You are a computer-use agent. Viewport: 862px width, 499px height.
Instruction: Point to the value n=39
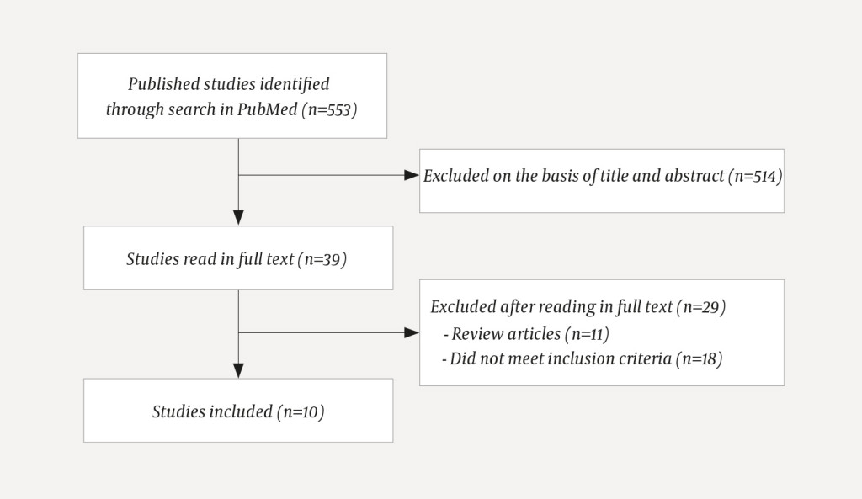click(323, 259)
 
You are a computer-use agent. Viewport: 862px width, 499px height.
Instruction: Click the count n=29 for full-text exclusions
click(702, 308)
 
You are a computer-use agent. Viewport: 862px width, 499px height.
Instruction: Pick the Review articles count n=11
click(586, 334)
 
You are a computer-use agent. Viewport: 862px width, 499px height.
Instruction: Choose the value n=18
click(700, 359)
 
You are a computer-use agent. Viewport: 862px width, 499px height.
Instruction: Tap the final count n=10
click(301, 411)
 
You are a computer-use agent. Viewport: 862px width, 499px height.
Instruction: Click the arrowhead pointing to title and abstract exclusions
click(412, 175)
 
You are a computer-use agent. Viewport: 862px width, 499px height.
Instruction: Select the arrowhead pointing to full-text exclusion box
click(412, 332)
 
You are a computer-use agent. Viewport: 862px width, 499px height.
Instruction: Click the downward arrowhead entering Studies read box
click(239, 218)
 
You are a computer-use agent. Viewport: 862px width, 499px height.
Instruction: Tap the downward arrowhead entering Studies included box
click(239, 370)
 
